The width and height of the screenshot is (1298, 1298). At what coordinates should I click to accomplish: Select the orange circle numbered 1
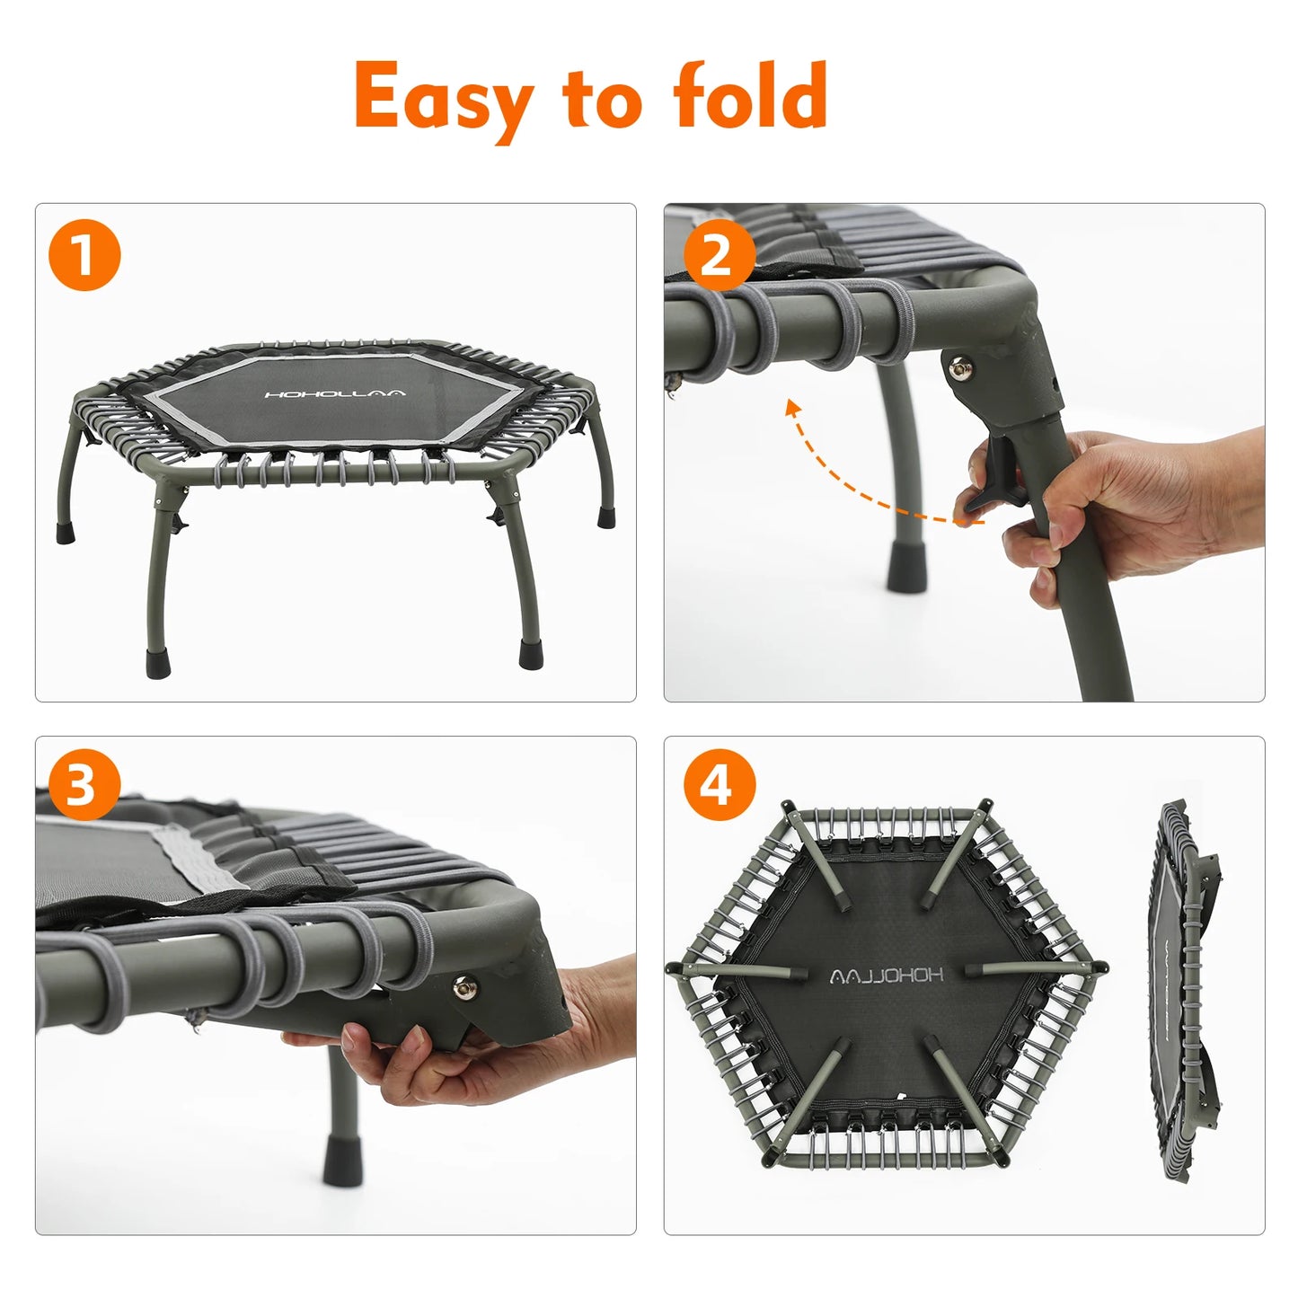click(84, 255)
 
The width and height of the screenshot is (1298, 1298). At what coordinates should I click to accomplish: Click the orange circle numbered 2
click(719, 255)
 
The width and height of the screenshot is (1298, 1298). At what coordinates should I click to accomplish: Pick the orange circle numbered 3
click(84, 784)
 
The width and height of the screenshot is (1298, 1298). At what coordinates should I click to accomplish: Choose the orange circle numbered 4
click(719, 784)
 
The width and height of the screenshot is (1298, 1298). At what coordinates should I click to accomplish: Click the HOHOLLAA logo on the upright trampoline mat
click(335, 393)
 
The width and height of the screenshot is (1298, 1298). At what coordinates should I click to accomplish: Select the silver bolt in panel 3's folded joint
click(464, 988)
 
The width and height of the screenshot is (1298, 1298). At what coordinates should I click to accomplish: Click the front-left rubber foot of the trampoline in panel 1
click(157, 663)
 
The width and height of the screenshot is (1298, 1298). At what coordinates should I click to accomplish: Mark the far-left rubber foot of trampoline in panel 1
click(66, 533)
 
